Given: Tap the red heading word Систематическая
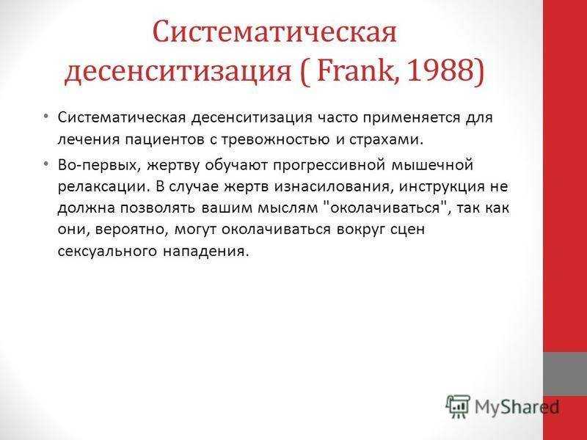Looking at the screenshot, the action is click(x=274, y=32).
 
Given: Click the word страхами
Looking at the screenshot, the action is click(x=387, y=139).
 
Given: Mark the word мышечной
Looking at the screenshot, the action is click(x=432, y=165).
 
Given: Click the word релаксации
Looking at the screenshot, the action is click(x=101, y=187).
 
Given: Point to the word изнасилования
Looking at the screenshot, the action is click(x=333, y=186).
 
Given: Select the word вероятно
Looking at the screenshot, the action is click(x=131, y=230).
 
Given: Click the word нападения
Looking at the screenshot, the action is click(x=205, y=251).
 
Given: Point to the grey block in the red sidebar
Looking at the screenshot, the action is click(x=565, y=373).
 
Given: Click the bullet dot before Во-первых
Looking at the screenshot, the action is click(x=45, y=164).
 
